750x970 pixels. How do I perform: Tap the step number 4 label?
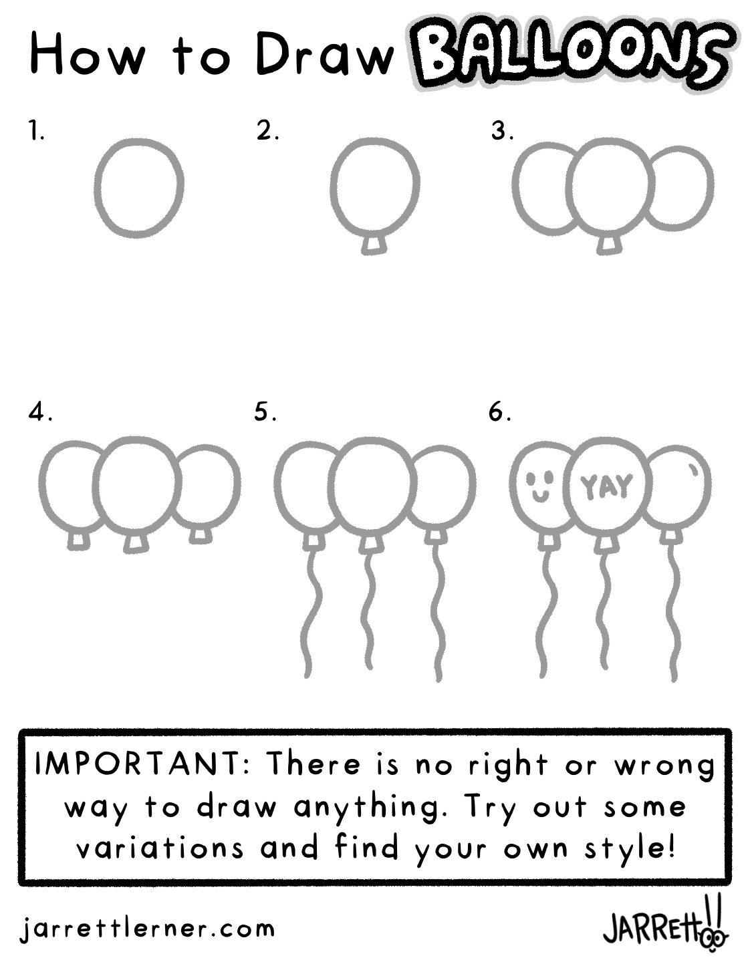point(40,412)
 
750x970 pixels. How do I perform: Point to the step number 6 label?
point(499,412)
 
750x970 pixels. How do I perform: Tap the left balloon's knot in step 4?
point(79,540)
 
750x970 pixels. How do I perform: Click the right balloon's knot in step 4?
point(201,535)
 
